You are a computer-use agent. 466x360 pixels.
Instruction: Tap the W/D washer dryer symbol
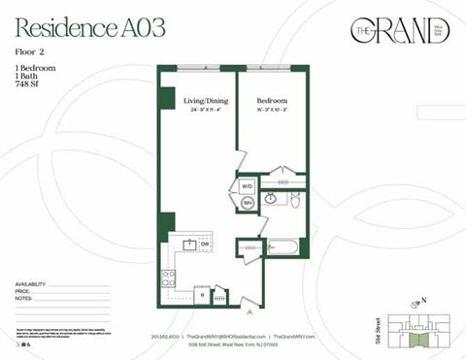point(247,184)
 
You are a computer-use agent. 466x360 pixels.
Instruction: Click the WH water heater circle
point(247,203)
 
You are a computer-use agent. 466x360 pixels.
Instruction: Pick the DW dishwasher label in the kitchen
point(205,244)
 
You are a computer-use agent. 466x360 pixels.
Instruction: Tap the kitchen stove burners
point(168,280)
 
